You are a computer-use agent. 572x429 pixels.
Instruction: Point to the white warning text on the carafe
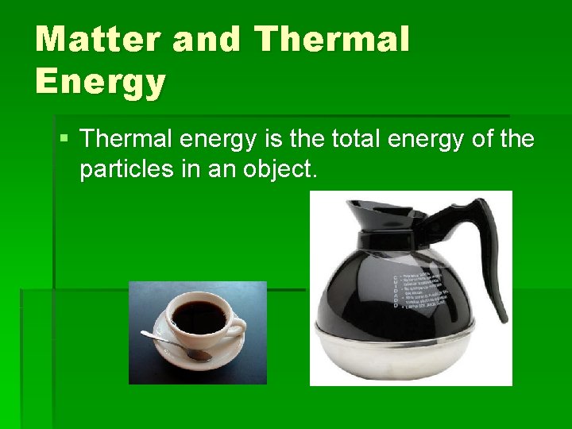tap(420, 283)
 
